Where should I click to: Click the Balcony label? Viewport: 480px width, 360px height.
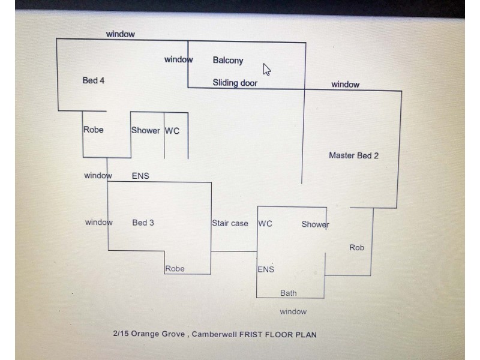coord(228,61)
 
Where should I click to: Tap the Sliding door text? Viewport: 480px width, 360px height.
coord(235,83)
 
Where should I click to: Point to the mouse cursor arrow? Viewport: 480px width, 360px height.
coord(266,70)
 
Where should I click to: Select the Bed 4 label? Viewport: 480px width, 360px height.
coord(94,80)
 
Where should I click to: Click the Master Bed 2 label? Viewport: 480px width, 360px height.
coord(353,155)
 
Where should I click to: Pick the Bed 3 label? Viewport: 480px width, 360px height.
coord(143,223)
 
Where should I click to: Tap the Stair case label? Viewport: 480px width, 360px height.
coord(230,223)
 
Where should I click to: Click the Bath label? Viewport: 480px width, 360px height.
coord(289,293)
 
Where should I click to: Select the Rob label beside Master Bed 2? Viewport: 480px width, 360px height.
coord(356,247)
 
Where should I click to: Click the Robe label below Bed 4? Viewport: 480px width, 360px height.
coord(94,130)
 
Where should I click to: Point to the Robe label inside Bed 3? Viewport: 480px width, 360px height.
coord(175,269)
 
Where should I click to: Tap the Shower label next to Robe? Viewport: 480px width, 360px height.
coord(145,131)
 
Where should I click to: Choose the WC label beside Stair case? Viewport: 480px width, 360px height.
coord(265,224)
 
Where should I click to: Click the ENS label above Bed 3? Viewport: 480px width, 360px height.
coord(140,176)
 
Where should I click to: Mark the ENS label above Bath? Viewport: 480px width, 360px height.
coord(266,269)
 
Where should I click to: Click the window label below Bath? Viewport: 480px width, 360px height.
coord(293,311)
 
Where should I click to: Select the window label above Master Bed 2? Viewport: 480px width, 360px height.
coord(346,85)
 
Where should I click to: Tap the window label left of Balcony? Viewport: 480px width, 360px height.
coord(178,59)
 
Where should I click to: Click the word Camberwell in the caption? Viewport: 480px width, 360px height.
coord(214,334)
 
